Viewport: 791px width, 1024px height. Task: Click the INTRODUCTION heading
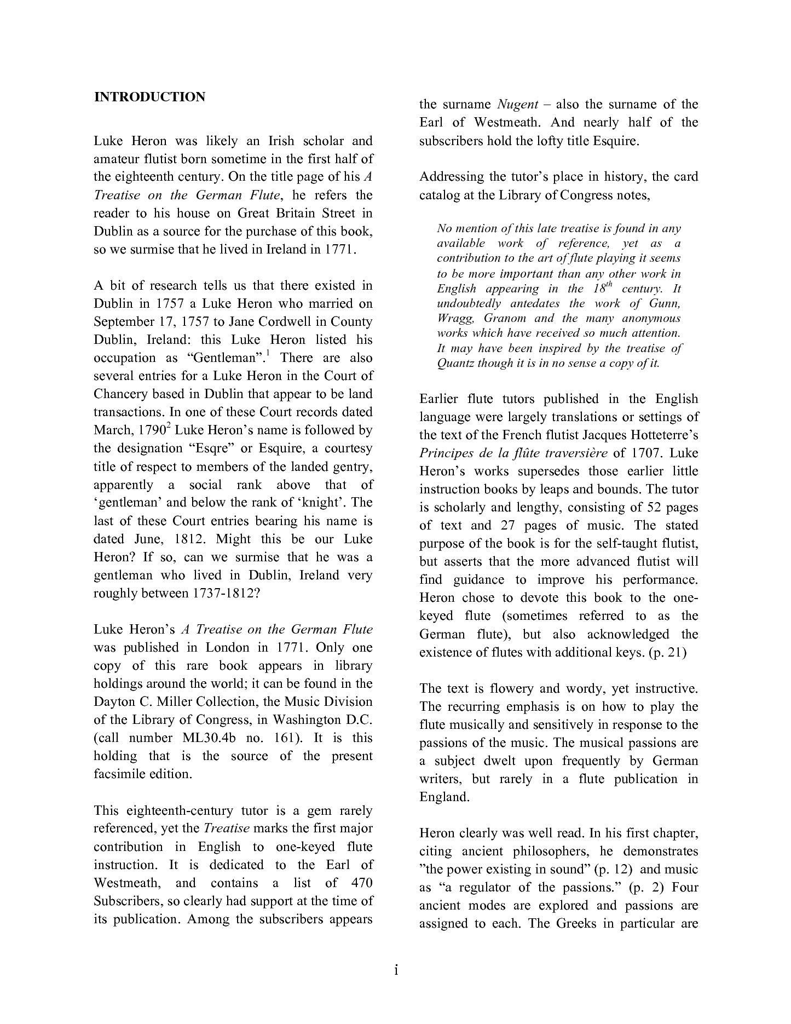(x=149, y=97)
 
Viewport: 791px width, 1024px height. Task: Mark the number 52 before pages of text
(x=655, y=508)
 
